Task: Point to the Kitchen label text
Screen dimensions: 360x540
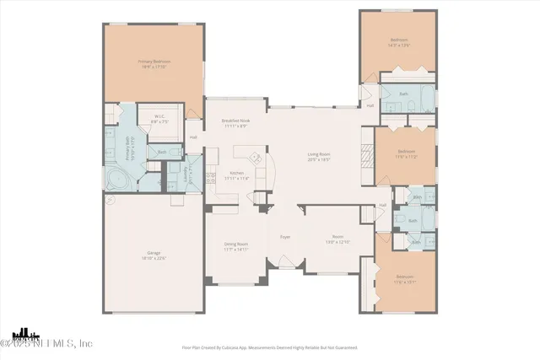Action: coord(237,175)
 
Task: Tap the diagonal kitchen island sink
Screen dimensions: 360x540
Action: coord(254,159)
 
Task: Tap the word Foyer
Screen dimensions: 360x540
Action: coord(285,237)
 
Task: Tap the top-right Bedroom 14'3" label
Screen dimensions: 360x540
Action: coord(399,41)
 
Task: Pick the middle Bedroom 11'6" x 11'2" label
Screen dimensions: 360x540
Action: coord(407,154)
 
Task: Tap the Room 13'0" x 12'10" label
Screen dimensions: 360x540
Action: coord(338,239)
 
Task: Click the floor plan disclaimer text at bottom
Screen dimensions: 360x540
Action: coord(270,347)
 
